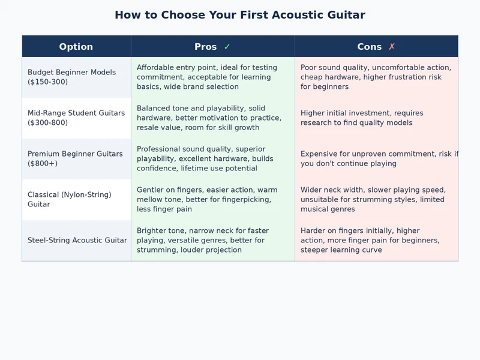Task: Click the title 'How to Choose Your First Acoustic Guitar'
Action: click(x=240, y=15)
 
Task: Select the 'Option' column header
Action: click(x=76, y=47)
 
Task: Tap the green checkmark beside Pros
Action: click(x=227, y=47)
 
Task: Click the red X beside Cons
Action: click(x=392, y=47)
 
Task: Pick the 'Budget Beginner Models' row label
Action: click(x=71, y=72)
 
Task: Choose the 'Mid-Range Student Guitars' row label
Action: click(x=76, y=113)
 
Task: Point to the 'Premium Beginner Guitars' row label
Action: click(x=75, y=154)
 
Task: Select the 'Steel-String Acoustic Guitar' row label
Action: click(x=77, y=240)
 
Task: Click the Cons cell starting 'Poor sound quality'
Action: click(x=376, y=77)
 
